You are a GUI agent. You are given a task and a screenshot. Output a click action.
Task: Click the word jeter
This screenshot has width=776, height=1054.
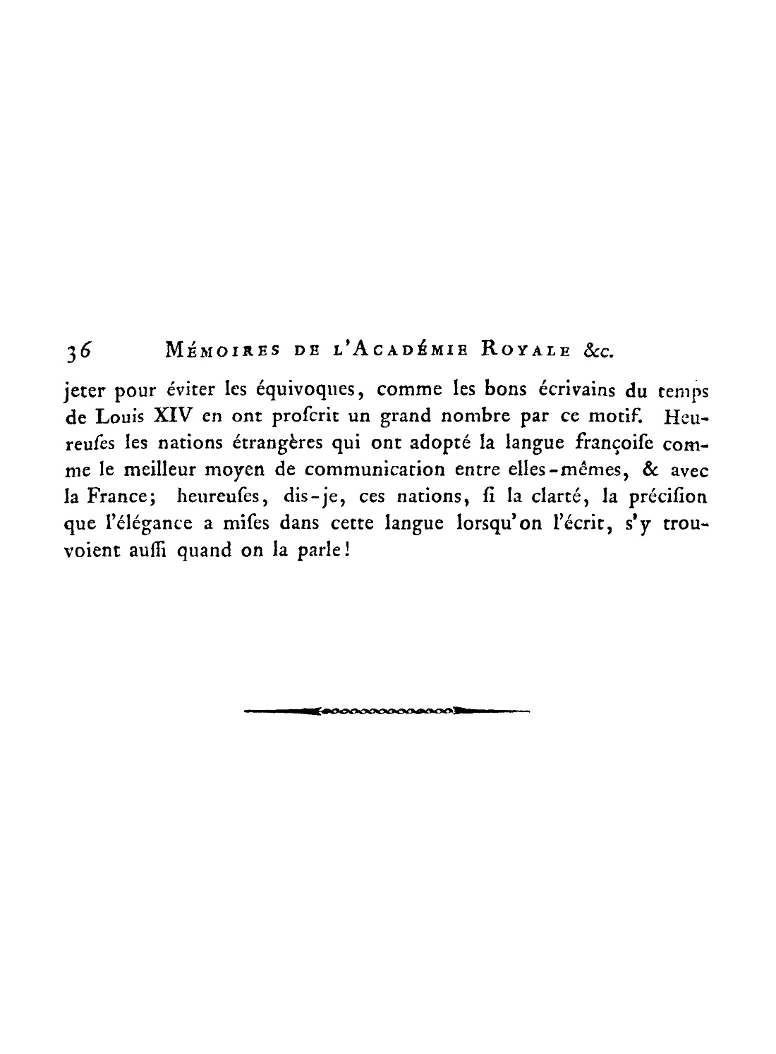[x=84, y=390]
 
